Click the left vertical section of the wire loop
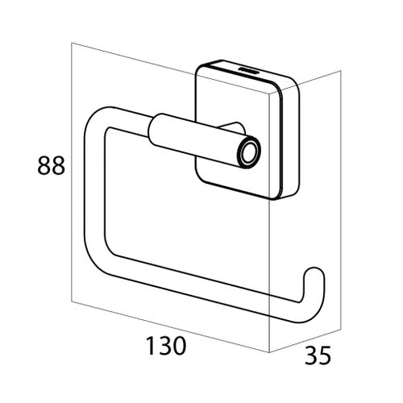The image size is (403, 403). [86, 189]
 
